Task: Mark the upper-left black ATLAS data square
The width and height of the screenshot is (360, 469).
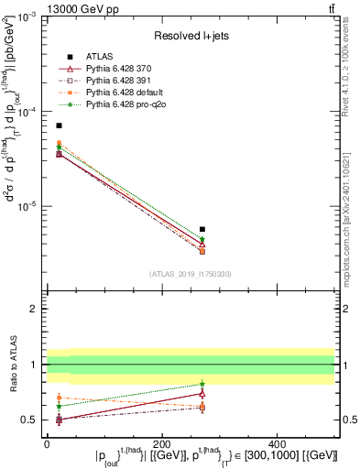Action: click(x=59, y=125)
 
